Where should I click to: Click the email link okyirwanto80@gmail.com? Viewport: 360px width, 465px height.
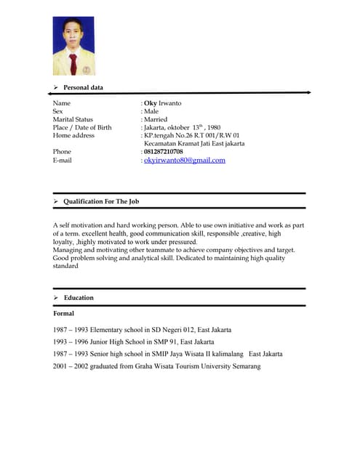tap(185, 160)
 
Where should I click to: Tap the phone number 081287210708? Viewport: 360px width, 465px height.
tap(164, 151)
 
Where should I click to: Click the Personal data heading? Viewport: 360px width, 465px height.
tap(83, 88)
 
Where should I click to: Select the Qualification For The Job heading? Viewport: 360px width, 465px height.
tap(101, 201)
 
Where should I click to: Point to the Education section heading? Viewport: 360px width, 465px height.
tap(79, 298)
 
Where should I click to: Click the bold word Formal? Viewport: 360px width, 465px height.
tap(63, 314)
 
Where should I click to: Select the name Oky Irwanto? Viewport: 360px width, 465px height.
tap(163, 103)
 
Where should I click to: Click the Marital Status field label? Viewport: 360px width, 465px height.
tap(73, 119)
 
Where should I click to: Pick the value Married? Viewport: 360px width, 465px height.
tap(156, 119)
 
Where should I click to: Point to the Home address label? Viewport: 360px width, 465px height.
tap(73, 135)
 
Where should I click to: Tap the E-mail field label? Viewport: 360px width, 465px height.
tap(63, 160)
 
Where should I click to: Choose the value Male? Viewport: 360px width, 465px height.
tap(151, 111)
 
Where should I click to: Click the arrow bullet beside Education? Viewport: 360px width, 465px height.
tap(56, 298)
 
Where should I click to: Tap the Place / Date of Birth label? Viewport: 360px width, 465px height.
tap(82, 127)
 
